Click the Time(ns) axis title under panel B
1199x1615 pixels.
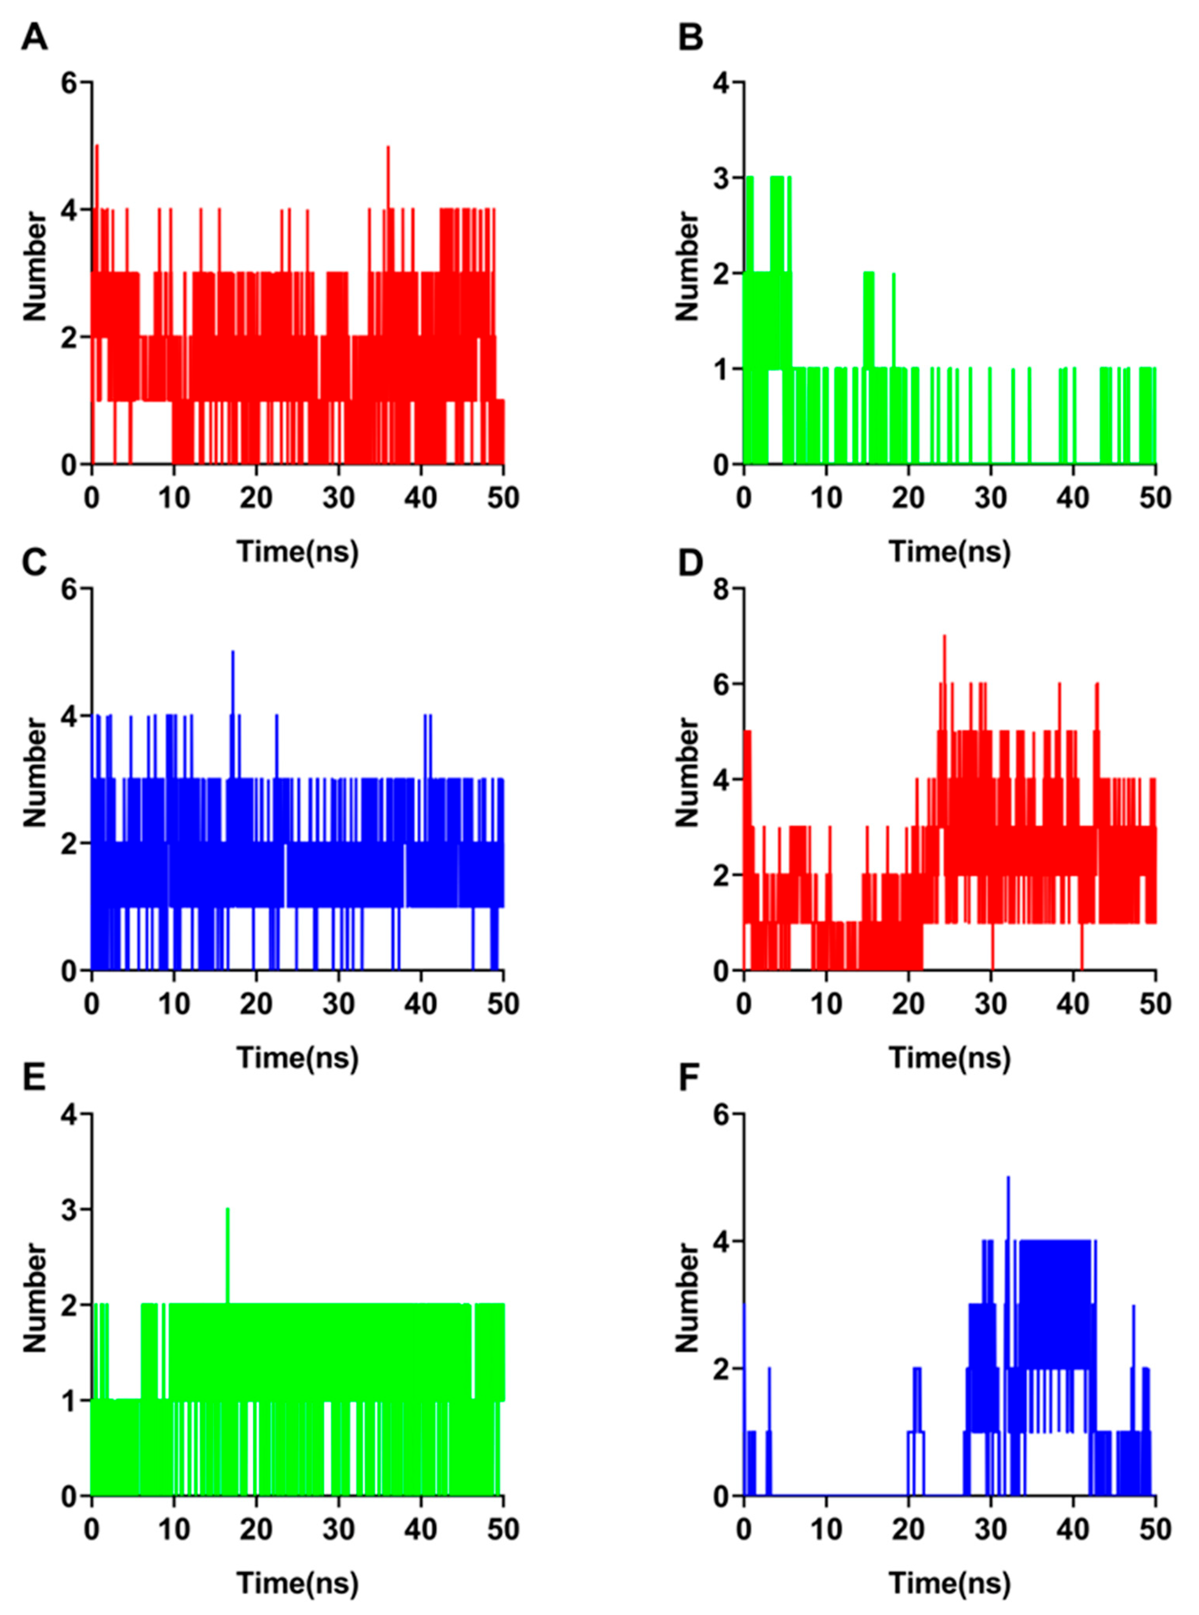click(950, 552)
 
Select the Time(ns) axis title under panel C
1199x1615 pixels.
click(297, 1059)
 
